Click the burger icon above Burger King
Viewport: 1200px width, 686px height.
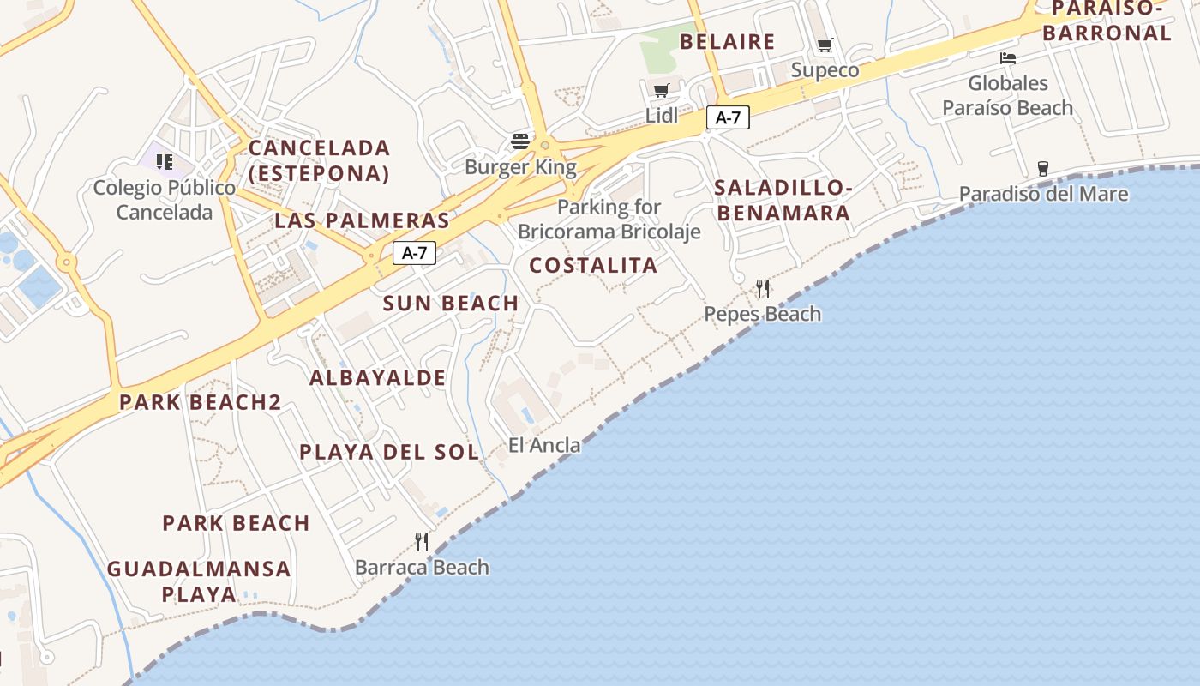(519, 141)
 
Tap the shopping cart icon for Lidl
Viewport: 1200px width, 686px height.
(661, 91)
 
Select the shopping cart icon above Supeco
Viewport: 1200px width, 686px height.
(825, 45)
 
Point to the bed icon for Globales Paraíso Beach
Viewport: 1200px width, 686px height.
(1008, 58)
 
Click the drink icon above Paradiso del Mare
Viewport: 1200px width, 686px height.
(1043, 168)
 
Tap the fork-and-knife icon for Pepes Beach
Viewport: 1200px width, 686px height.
(763, 288)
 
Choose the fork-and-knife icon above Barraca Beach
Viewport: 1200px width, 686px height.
(422, 541)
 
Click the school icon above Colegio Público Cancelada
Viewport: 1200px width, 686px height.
(165, 162)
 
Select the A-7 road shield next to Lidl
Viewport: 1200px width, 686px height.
(728, 118)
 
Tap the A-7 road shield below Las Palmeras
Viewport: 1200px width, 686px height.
(414, 253)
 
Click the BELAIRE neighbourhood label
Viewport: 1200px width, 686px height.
(727, 41)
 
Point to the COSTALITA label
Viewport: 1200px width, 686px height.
(593, 265)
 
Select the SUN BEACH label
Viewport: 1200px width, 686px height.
(451, 303)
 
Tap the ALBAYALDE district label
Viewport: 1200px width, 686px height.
(377, 377)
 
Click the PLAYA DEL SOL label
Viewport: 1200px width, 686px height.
(389, 452)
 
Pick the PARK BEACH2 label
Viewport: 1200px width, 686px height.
(201, 402)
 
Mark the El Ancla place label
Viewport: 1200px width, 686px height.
(544, 445)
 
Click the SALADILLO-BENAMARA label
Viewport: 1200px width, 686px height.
(783, 200)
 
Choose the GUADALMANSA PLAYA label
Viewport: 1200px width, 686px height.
(199, 581)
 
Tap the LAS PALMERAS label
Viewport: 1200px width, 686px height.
(362, 220)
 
